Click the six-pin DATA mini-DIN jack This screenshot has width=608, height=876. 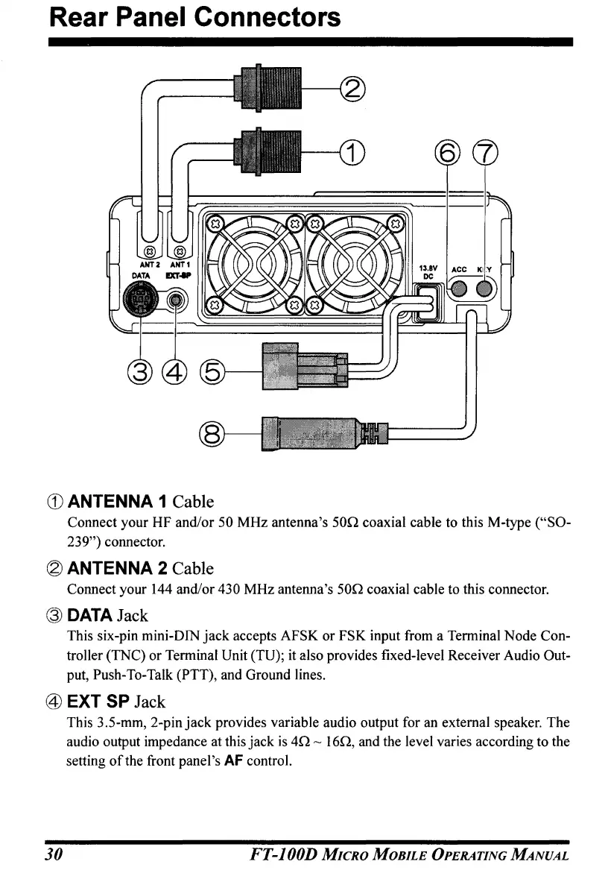(x=137, y=301)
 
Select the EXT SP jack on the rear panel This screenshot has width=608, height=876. (x=176, y=301)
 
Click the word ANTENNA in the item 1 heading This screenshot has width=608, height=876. (x=117, y=500)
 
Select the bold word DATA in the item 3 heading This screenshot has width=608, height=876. (x=89, y=616)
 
